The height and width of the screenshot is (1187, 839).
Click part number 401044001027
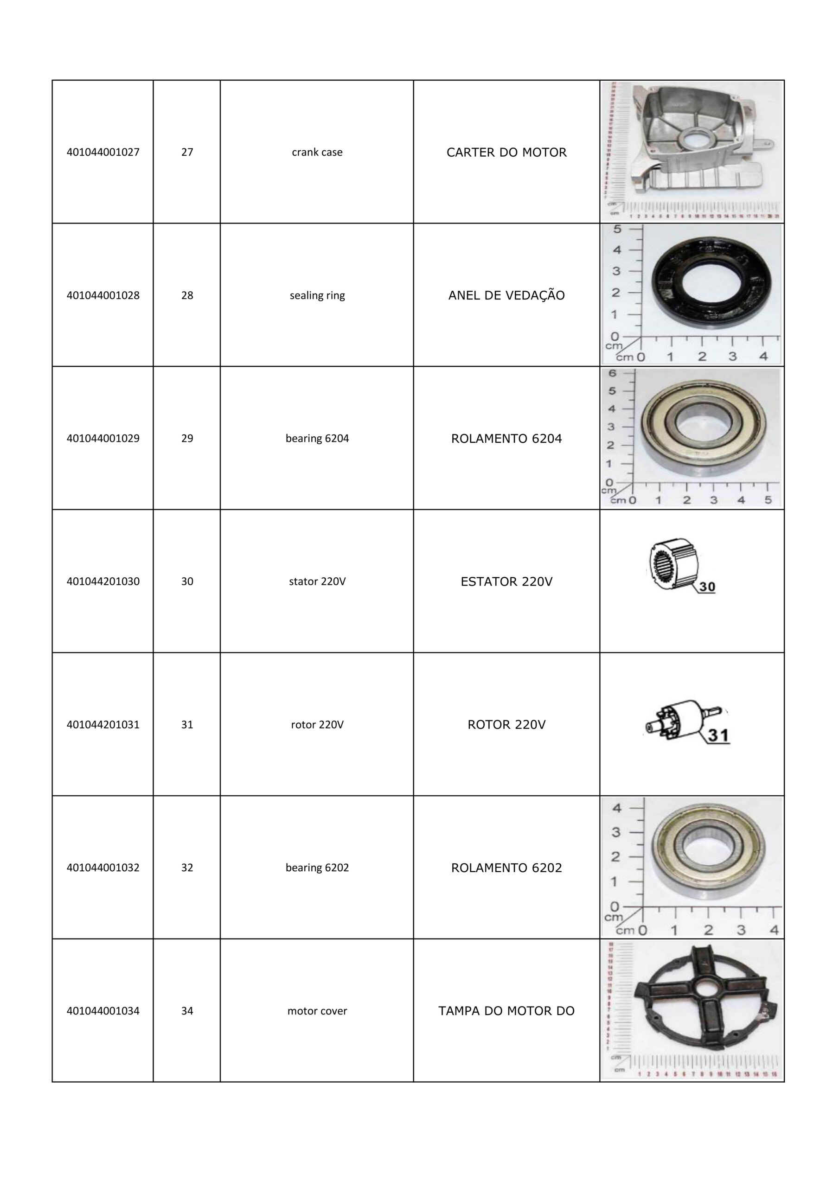[103, 152]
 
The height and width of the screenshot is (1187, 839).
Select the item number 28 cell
[187, 295]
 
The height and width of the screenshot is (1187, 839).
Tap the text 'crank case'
[317, 152]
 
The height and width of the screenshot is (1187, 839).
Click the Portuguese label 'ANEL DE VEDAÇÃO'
[506, 295]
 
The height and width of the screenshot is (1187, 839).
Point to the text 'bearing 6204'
[317, 439]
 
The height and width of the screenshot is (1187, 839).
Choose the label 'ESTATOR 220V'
[506, 581]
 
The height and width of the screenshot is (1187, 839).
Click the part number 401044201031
[103, 724]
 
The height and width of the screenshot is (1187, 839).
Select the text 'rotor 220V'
[317, 724]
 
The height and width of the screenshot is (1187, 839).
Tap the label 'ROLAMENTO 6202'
[506, 868]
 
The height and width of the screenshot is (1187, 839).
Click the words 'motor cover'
[317, 1011]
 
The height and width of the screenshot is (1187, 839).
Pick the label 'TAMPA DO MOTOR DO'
[506, 1011]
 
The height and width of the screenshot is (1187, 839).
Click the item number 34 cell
[187, 1011]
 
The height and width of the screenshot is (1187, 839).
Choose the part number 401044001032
[103, 868]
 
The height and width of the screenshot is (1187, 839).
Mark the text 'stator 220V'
[317, 581]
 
